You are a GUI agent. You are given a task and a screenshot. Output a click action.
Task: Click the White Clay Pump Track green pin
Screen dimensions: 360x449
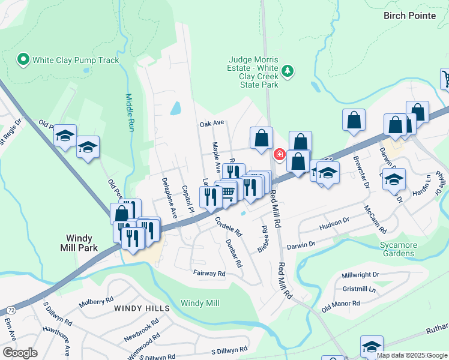[x=23, y=60]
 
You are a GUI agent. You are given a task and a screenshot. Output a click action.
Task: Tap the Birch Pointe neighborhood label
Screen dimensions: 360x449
[x=415, y=16]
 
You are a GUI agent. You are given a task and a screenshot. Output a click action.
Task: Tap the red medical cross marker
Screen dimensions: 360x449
[x=279, y=155]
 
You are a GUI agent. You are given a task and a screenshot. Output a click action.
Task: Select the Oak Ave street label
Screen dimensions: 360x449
[x=211, y=123]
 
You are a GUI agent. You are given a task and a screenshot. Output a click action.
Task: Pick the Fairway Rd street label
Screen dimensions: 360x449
[x=209, y=274]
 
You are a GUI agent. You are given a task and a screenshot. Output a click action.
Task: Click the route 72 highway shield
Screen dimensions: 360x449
[x=11, y=309]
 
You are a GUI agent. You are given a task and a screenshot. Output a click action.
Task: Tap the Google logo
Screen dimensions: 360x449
[x=20, y=353]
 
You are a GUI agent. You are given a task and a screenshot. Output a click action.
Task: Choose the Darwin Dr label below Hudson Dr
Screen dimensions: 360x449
[x=301, y=245]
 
